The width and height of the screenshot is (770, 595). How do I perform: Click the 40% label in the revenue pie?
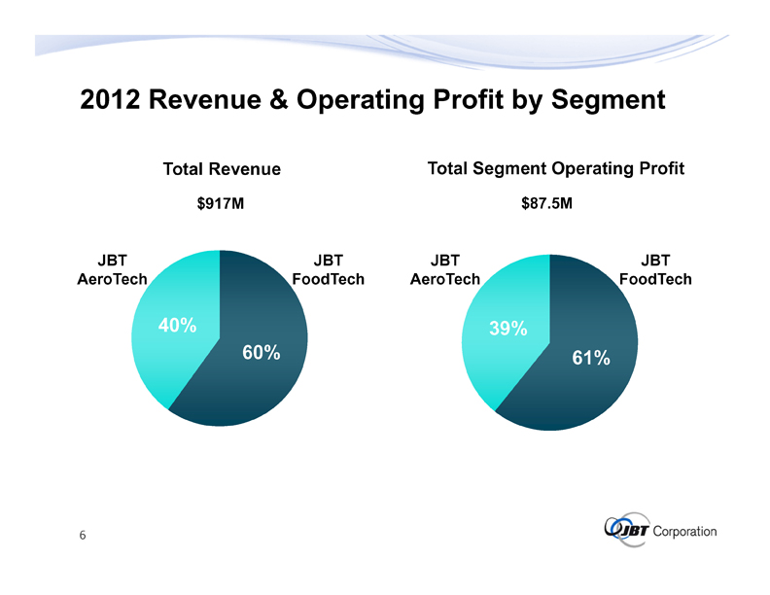[x=177, y=327]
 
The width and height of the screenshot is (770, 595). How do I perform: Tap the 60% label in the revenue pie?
[x=262, y=352]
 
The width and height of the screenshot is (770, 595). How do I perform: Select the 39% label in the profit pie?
[x=508, y=330]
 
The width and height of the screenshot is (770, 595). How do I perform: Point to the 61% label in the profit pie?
[x=591, y=359]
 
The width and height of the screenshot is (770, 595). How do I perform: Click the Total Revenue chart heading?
[x=222, y=169]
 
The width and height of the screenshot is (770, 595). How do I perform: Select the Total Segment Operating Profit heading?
[x=556, y=169]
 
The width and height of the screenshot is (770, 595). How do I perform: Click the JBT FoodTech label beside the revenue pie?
[x=328, y=269]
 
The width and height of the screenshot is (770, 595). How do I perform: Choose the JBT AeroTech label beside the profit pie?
[x=444, y=269]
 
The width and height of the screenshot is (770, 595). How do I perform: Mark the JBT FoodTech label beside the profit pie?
[x=655, y=269]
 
